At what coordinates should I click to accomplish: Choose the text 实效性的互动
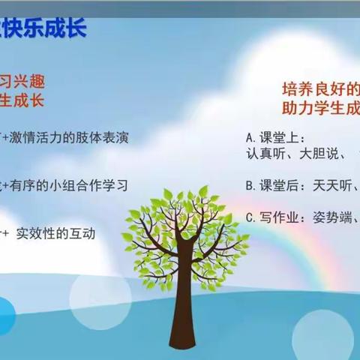pos(60,233)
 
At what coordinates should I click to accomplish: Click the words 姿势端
pos(331,218)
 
